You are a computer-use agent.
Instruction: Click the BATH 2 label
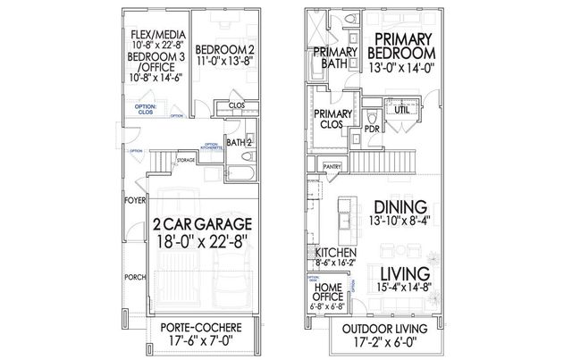(x=237, y=142)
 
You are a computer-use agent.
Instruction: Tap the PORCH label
(x=134, y=277)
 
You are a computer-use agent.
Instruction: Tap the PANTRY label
(x=332, y=165)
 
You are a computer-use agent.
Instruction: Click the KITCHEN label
(x=332, y=253)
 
